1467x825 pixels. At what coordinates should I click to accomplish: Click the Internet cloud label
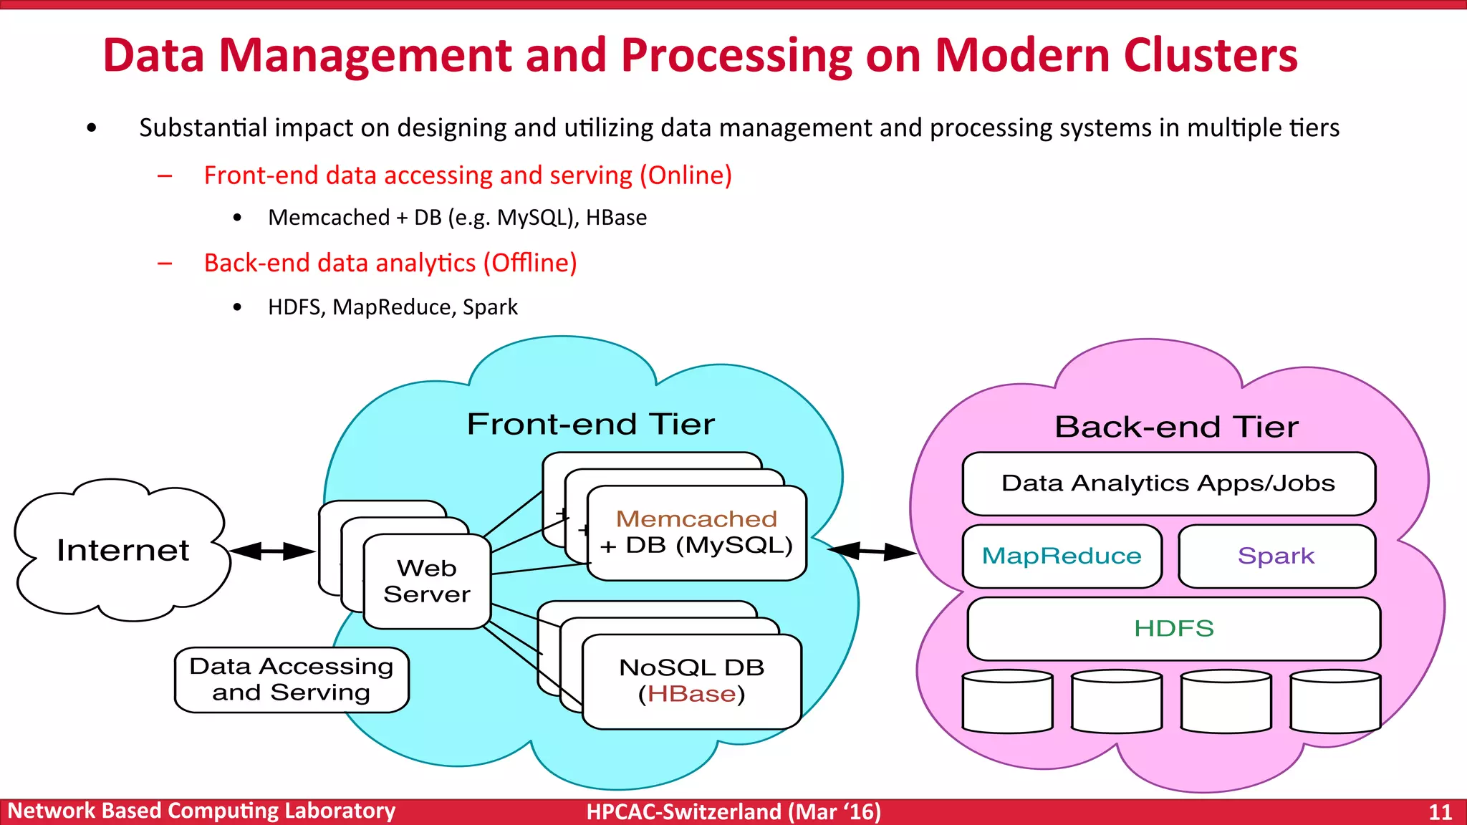click(x=122, y=550)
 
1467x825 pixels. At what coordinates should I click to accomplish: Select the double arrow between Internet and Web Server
click(x=272, y=551)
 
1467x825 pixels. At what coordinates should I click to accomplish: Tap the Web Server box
click(x=427, y=582)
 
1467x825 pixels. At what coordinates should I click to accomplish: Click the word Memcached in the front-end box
click(x=696, y=518)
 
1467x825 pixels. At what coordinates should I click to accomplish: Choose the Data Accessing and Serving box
click(x=292, y=680)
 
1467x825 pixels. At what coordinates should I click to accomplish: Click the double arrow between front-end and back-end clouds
click(x=872, y=551)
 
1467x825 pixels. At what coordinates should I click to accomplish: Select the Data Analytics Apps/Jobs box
click(x=1168, y=483)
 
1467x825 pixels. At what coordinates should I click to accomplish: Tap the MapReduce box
click(x=1062, y=556)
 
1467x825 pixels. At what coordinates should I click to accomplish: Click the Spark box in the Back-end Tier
click(x=1276, y=556)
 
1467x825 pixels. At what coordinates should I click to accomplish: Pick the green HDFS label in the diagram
click(x=1173, y=628)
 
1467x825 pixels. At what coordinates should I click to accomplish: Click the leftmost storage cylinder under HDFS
click(x=1007, y=701)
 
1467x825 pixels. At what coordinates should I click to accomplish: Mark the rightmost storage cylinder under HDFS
click(x=1334, y=701)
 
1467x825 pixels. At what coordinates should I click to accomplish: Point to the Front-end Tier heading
click(x=591, y=424)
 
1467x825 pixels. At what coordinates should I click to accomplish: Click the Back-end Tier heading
click(x=1176, y=427)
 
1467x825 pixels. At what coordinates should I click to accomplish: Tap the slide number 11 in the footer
click(x=1440, y=812)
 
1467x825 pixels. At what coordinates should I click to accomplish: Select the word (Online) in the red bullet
click(x=686, y=175)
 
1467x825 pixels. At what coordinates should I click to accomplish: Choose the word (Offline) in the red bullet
click(x=530, y=263)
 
